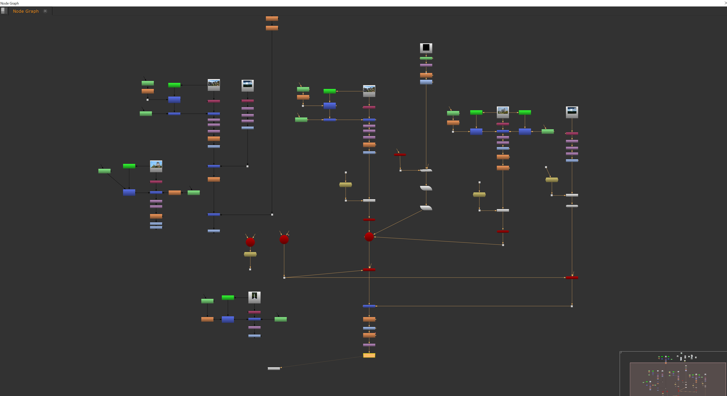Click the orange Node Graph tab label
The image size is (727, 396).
click(x=26, y=11)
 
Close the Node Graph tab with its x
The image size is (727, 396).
click(x=45, y=11)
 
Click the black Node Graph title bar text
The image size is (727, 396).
click(x=10, y=3)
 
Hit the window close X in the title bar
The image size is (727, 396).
click(x=725, y=3)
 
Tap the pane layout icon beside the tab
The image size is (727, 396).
click(x=4, y=11)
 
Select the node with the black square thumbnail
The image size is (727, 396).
click(x=426, y=48)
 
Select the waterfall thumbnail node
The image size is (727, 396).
click(x=254, y=297)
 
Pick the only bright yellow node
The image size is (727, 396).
click(x=369, y=355)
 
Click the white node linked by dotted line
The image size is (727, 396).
click(x=274, y=368)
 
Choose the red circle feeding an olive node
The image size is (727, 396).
click(x=250, y=242)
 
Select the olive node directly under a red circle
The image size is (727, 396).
click(x=250, y=254)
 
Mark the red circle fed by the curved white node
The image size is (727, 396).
click(x=369, y=237)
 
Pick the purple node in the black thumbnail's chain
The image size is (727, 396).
click(x=426, y=65)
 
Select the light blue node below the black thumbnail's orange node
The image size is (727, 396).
click(x=426, y=82)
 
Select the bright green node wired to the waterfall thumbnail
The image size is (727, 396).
click(x=228, y=297)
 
